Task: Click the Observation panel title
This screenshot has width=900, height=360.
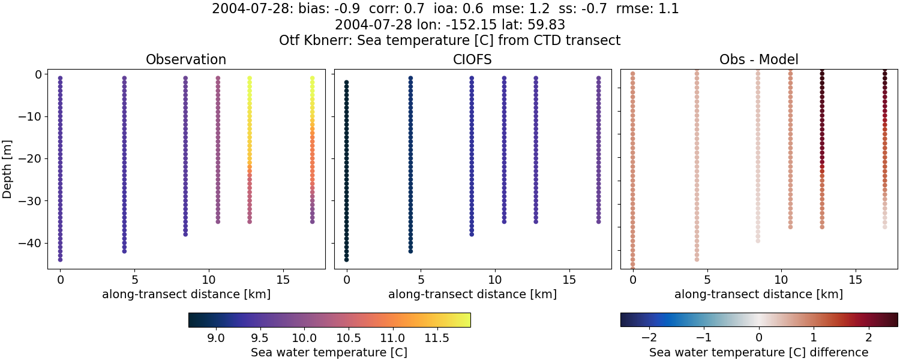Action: [186, 59]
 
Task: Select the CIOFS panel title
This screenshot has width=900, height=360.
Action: [472, 59]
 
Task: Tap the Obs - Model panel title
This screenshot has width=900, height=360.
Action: [758, 59]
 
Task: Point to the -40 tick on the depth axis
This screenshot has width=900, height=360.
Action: [31, 243]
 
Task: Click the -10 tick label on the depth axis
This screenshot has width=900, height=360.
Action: [31, 116]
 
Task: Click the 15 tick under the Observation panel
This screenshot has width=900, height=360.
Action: [283, 280]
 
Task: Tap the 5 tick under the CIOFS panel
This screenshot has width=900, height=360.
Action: [421, 280]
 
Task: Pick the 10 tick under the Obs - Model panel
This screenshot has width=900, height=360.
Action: [781, 280]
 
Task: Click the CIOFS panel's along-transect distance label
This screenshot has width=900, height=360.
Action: [472, 294]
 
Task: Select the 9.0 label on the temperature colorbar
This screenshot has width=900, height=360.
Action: [216, 337]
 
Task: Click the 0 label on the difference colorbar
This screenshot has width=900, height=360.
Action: [759, 337]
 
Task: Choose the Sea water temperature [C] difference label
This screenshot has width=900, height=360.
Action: [758, 352]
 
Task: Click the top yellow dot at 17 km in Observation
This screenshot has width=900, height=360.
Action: [312, 78]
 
